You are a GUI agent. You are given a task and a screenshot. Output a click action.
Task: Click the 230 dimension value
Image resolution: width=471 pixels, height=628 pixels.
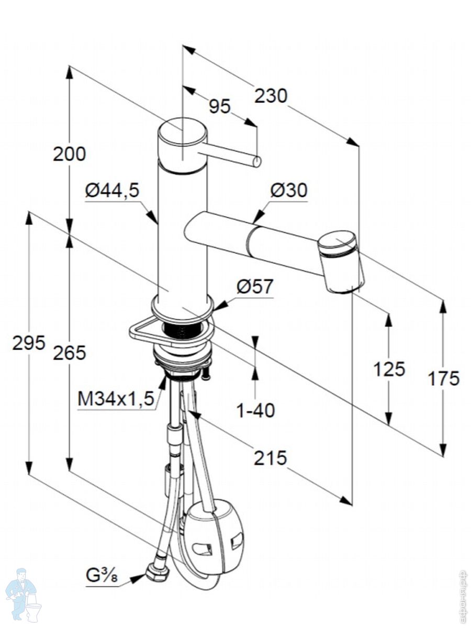(x=271, y=96)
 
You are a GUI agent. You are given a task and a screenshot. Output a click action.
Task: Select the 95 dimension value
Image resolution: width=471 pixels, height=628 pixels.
(x=219, y=106)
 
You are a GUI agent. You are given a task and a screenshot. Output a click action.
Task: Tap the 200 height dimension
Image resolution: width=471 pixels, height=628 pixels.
(x=69, y=154)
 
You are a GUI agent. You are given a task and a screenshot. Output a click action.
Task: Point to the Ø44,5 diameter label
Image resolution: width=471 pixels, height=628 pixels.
(x=112, y=192)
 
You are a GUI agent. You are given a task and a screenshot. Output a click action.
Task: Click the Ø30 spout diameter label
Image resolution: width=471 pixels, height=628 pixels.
(x=288, y=191)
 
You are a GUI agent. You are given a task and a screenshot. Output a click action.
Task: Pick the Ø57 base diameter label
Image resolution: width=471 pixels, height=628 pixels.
(x=255, y=287)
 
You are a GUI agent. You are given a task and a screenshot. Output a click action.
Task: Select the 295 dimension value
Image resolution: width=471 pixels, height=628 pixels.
(x=29, y=343)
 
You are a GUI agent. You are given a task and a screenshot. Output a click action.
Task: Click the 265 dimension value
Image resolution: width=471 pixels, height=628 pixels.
(x=69, y=353)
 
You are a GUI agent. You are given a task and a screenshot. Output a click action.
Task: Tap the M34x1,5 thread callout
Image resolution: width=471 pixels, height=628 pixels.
(x=116, y=399)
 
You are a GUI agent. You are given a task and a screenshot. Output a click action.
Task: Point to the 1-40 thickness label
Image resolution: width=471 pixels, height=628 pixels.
(x=255, y=411)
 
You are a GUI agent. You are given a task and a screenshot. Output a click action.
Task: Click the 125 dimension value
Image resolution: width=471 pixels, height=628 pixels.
(x=389, y=369)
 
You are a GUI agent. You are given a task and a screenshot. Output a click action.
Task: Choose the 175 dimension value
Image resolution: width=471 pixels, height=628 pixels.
(x=443, y=378)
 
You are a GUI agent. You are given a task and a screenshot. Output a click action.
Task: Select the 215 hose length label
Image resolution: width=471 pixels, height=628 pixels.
(x=270, y=458)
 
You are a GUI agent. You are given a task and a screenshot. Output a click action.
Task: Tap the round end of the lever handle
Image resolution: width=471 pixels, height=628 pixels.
(x=257, y=162)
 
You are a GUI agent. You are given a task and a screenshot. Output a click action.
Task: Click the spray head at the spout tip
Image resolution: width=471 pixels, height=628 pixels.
(x=342, y=262)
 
